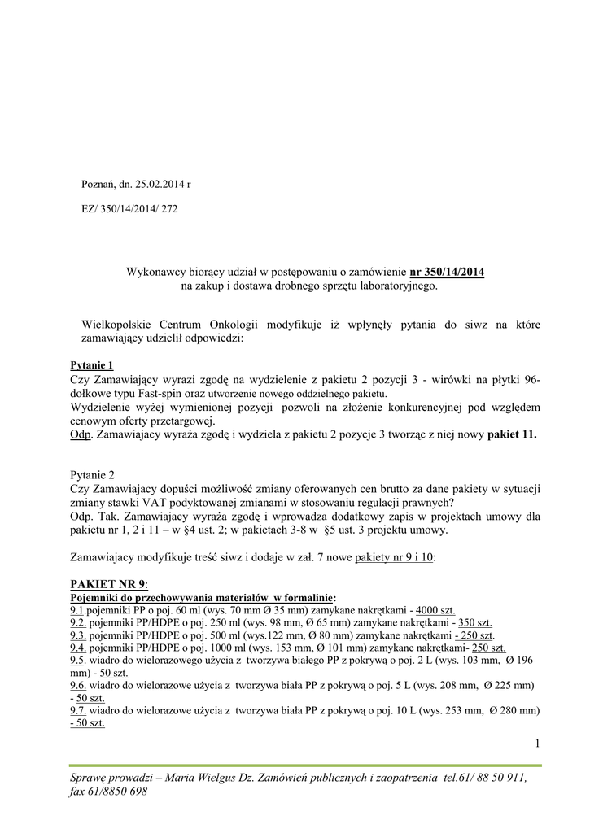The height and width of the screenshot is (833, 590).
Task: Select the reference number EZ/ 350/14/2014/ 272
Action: tap(129, 208)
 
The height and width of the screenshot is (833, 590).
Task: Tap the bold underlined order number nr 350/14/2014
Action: tap(447, 271)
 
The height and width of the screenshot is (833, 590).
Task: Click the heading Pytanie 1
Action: tap(93, 364)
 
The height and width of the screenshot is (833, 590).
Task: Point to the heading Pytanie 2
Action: tap(94, 473)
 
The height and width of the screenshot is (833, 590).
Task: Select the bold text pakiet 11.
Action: tap(512, 434)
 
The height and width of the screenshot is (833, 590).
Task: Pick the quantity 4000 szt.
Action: tap(435, 609)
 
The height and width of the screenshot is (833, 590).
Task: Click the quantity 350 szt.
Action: tap(475, 622)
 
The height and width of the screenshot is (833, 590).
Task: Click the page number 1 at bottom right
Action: tap(538, 742)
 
